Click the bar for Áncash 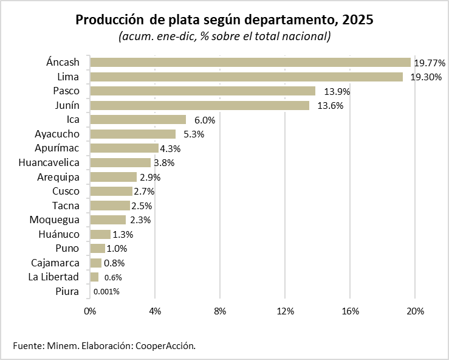click(250, 62)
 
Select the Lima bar click(246, 77)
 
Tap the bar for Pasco click(202, 91)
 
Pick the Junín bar click(199, 105)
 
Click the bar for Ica click(138, 119)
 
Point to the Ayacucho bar click(132, 134)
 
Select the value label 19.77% click(430, 63)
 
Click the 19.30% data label click(425, 77)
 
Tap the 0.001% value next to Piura click(106, 292)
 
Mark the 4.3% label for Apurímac click(170, 148)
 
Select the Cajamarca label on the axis click(55, 263)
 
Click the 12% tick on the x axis click(285, 311)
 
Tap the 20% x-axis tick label click(415, 311)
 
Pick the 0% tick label click(90, 311)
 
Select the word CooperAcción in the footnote click(165, 345)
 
